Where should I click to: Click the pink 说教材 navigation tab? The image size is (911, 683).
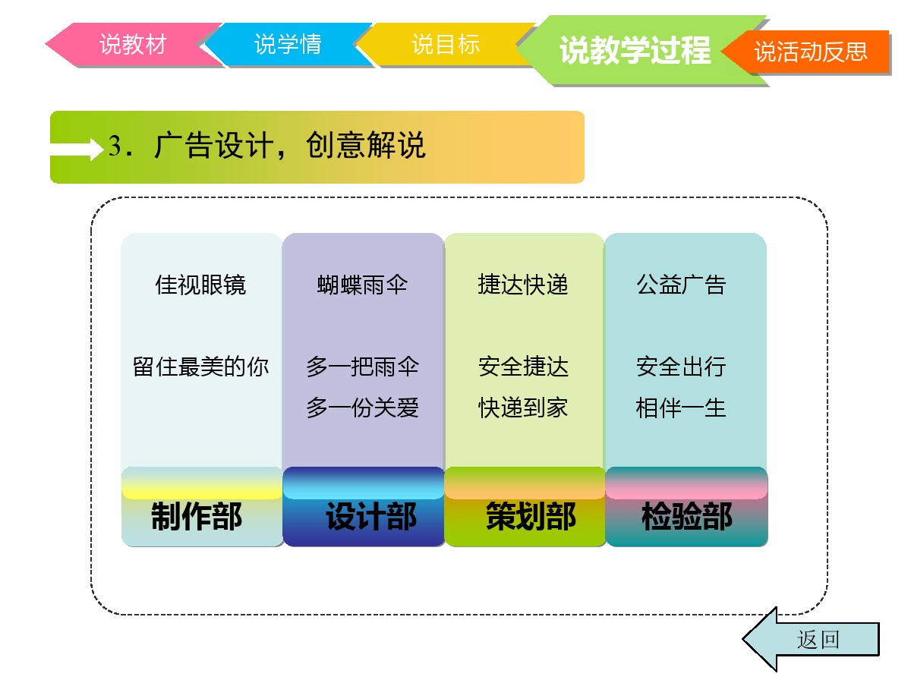click(133, 44)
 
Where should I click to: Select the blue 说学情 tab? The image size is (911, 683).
click(288, 44)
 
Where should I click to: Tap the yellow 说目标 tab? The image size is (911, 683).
click(445, 44)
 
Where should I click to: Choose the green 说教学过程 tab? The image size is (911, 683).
click(635, 50)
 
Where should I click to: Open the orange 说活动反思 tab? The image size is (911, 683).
click(809, 52)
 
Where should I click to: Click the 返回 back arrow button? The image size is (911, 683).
click(811, 640)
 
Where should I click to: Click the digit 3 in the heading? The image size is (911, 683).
click(115, 146)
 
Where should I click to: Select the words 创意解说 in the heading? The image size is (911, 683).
click(366, 145)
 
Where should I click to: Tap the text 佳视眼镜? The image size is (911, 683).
click(200, 285)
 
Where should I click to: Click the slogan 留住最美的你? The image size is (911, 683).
click(200, 367)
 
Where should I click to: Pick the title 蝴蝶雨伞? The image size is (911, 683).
click(362, 285)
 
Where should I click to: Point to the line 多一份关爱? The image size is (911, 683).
click(362, 408)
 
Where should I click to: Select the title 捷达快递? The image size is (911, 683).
click(522, 285)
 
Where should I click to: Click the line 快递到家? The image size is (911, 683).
click(522, 408)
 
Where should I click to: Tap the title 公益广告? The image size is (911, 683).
click(681, 285)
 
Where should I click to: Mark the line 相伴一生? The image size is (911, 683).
click(681, 408)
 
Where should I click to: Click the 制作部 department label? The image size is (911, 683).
click(197, 516)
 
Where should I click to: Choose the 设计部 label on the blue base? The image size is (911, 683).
click(371, 516)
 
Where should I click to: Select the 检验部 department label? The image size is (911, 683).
click(687, 516)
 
